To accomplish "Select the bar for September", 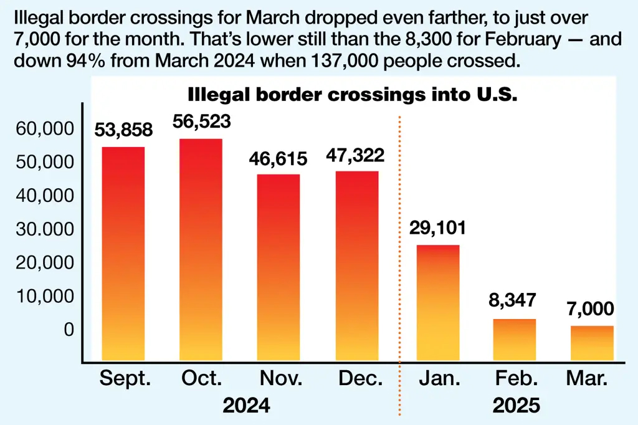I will point(123,254).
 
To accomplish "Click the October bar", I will point(201,249).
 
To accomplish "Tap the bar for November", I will point(279,267).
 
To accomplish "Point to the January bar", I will point(437,303).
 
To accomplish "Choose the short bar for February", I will point(515,340).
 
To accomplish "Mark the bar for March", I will point(592,343).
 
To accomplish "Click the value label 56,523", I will point(201,121).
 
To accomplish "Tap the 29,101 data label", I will point(437,227).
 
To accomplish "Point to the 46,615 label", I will point(279,158).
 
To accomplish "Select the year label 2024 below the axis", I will point(247,406).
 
